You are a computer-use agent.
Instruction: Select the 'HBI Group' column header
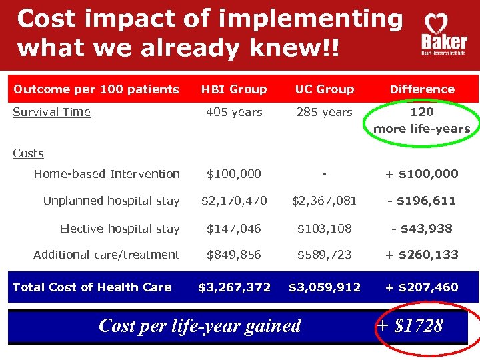(234, 89)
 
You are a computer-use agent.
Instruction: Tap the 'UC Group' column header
(325, 89)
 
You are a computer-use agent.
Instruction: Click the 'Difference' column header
(422, 89)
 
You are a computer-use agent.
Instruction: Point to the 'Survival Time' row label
(52, 112)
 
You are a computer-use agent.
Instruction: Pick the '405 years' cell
(234, 112)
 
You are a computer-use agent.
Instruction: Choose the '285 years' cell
(324, 112)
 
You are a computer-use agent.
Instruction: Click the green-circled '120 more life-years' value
(422, 120)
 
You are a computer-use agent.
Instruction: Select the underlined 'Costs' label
(28, 153)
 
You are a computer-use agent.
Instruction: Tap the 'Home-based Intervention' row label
(107, 174)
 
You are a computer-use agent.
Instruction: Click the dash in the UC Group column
(324, 173)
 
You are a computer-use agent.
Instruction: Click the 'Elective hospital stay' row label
(119, 229)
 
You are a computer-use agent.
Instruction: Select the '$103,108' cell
(324, 229)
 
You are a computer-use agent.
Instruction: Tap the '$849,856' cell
(234, 255)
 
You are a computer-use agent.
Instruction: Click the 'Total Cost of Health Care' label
(92, 287)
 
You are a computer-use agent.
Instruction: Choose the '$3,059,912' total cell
(325, 287)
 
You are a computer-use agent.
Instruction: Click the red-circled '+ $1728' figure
(410, 325)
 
